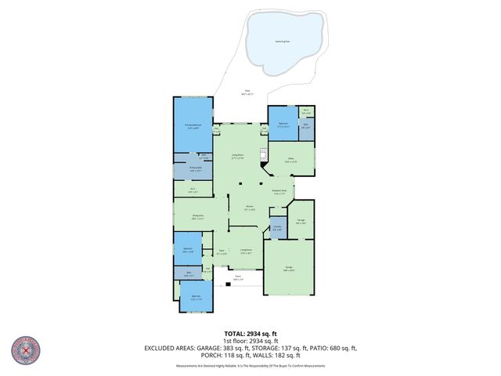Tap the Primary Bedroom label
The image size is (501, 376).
pos(193,126)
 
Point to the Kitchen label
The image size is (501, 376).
pos(249,208)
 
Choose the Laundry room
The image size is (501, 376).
pos(277,228)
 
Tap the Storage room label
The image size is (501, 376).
pos(301,222)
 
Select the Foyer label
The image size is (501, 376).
pos(222,251)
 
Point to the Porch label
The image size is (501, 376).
pos(238,277)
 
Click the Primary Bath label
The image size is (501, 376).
pos(196,168)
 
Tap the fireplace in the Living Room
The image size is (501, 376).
pos(265,154)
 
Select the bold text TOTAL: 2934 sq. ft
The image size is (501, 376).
pos(250,334)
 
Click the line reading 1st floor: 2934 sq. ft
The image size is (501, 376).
pos(250,341)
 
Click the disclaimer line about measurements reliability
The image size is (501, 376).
pos(250,366)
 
